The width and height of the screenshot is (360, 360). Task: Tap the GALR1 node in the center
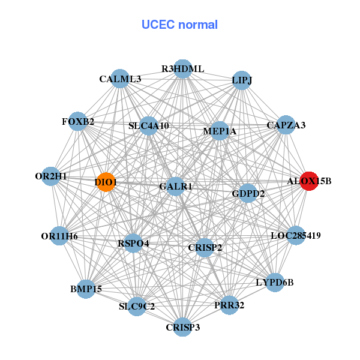(175, 187)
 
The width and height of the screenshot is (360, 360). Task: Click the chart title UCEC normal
(179, 25)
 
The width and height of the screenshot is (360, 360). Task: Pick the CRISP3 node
(182, 327)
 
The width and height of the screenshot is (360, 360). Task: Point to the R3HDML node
(182, 69)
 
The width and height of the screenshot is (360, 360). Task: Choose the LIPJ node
(241, 80)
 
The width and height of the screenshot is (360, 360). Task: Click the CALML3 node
(120, 79)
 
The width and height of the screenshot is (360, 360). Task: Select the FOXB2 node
(77, 122)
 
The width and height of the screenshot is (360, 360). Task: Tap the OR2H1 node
(52, 176)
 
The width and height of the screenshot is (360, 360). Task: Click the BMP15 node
(86, 289)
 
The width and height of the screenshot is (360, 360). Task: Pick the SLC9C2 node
(137, 307)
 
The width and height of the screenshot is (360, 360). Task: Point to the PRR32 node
(229, 305)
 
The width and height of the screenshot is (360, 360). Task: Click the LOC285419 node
(296, 236)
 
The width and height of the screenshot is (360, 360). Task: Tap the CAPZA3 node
(286, 125)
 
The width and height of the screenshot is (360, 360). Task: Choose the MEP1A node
(220, 131)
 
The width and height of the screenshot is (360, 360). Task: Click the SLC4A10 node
(149, 127)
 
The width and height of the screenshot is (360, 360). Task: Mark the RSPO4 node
(133, 244)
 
